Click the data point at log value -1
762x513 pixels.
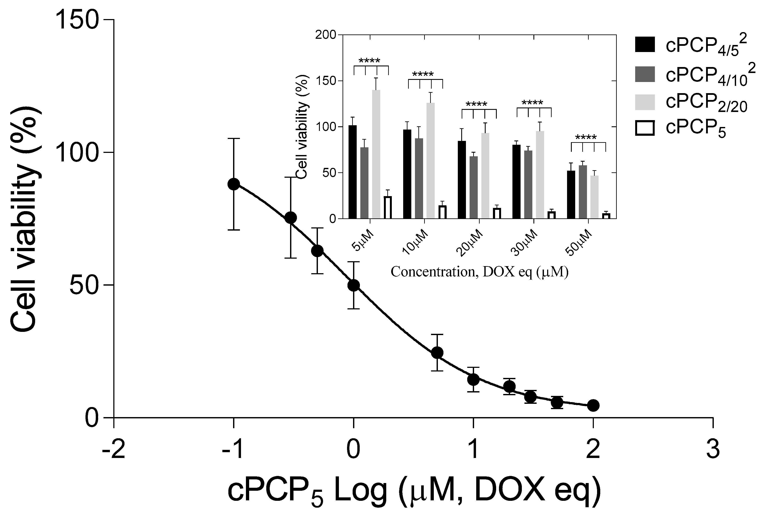tap(233, 184)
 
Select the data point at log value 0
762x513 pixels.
tap(353, 285)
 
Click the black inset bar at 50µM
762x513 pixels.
tap(571, 194)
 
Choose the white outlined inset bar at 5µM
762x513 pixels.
tap(388, 207)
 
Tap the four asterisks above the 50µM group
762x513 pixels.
tap(586, 137)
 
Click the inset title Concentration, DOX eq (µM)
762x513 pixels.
tap(479, 272)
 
